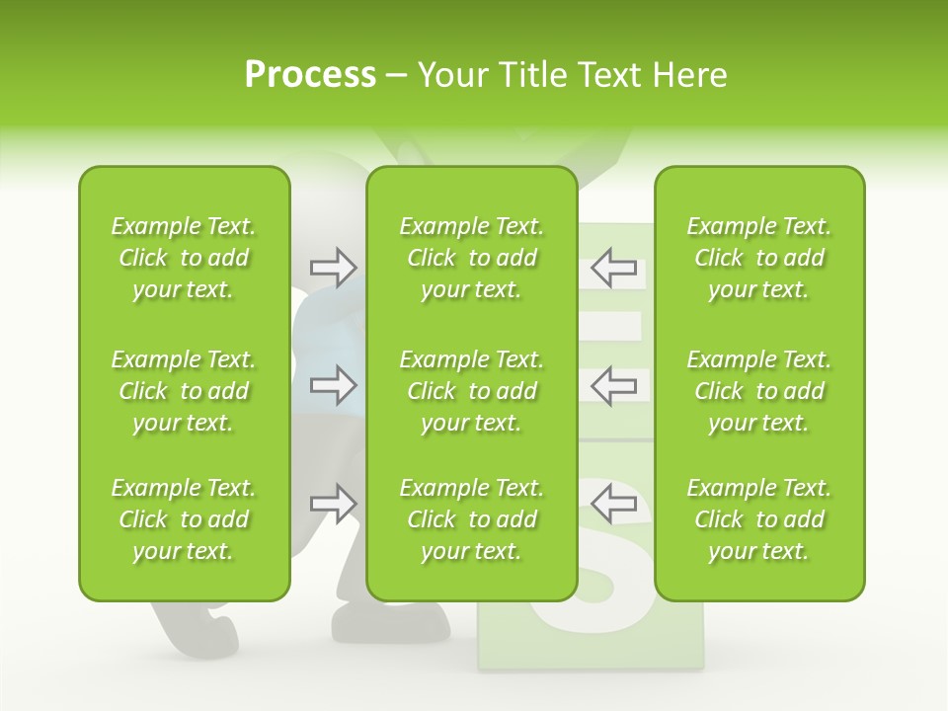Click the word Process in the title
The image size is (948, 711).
point(310,75)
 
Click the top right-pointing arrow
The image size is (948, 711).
point(333,268)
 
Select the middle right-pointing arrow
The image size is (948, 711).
point(333,385)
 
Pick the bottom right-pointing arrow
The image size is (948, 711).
point(333,504)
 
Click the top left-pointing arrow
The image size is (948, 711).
point(614,268)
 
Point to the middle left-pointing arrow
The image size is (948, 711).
point(614,385)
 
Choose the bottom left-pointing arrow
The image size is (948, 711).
point(614,504)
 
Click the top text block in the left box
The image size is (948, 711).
point(184,258)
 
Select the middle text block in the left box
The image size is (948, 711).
point(184,391)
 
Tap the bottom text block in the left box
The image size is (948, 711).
point(184,519)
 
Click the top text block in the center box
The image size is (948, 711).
point(472,258)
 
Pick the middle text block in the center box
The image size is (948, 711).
point(472,391)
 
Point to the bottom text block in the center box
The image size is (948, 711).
point(472,519)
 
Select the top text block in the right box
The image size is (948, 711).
point(759,258)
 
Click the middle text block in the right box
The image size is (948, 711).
point(759,391)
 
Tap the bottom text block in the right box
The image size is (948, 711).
point(759,519)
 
